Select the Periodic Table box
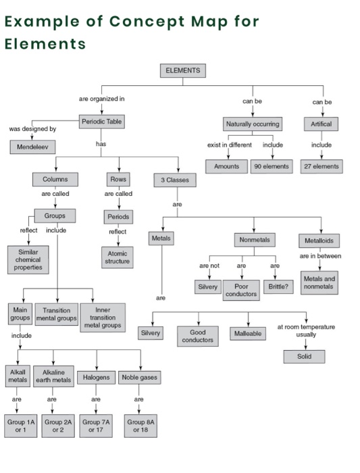[102, 122]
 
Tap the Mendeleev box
[32, 147]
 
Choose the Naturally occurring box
[253, 124]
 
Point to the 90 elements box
[272, 166]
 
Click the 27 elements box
[321, 166]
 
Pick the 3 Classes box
[175, 180]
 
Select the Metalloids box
[319, 241]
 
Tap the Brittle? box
[278, 286]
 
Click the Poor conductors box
[241, 291]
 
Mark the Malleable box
[249, 334]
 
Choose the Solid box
[304, 356]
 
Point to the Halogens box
[96, 377]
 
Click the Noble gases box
[140, 377]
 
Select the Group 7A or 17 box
[96, 426]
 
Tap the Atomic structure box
[118, 257]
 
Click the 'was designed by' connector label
[32, 128]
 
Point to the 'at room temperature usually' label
[306, 330]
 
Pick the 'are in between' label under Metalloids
[320, 256]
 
